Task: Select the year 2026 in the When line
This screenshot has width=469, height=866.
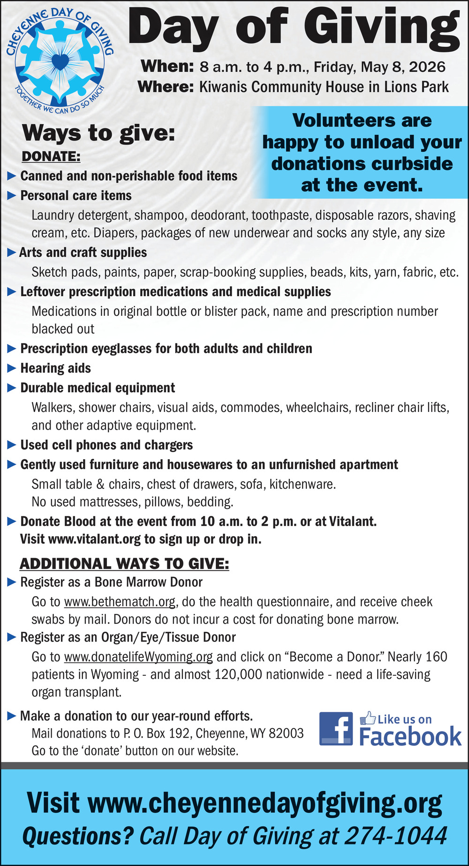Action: coord(427,67)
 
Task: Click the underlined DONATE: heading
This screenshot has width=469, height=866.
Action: coord(51,157)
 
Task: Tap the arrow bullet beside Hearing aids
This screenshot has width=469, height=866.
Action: coord(12,368)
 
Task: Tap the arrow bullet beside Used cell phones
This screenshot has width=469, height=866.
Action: coord(12,445)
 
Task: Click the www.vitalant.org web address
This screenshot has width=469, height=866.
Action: coord(94,539)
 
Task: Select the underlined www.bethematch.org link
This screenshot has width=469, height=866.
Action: coord(120,602)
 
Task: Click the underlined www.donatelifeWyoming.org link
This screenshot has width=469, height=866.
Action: coord(138,657)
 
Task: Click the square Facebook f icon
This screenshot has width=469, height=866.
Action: coord(336,729)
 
